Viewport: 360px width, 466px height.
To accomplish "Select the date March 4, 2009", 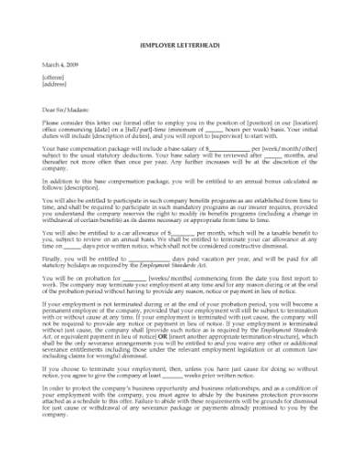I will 58,65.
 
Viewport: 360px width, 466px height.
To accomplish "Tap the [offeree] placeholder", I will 54,78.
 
